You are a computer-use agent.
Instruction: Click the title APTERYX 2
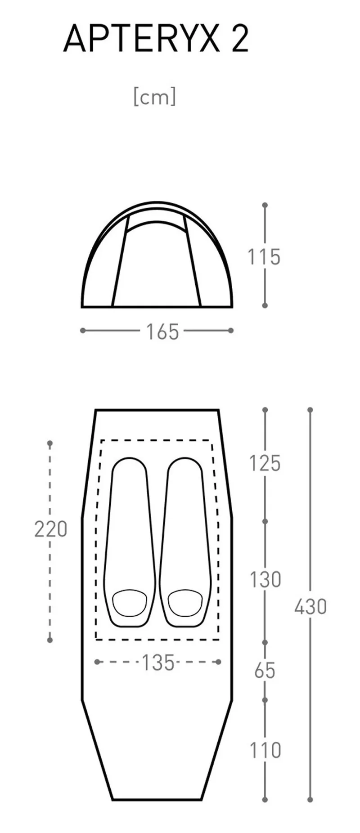(156, 39)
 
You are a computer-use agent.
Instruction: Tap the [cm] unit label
(155, 97)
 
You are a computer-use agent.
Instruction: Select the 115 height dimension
(264, 257)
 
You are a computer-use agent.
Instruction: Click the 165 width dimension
(162, 331)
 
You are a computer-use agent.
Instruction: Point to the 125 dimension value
(265, 463)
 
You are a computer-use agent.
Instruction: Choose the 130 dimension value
(265, 579)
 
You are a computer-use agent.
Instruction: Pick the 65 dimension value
(265, 671)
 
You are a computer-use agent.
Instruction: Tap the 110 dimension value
(265, 750)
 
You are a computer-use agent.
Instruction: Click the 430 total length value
(310, 607)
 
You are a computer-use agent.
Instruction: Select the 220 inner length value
(50, 529)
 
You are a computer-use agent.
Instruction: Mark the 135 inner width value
(158, 663)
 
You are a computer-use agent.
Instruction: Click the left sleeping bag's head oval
(130, 603)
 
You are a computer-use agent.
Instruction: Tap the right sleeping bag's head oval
(185, 603)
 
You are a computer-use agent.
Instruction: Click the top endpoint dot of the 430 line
(310, 410)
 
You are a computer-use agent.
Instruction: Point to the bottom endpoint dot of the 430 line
(310, 799)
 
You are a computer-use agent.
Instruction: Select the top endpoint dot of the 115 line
(265, 205)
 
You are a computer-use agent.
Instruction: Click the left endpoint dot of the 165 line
(83, 331)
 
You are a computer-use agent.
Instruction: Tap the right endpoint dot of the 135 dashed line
(219, 662)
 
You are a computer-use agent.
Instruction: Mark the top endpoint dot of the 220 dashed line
(50, 443)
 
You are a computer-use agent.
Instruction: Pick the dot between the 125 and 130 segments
(265, 521)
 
